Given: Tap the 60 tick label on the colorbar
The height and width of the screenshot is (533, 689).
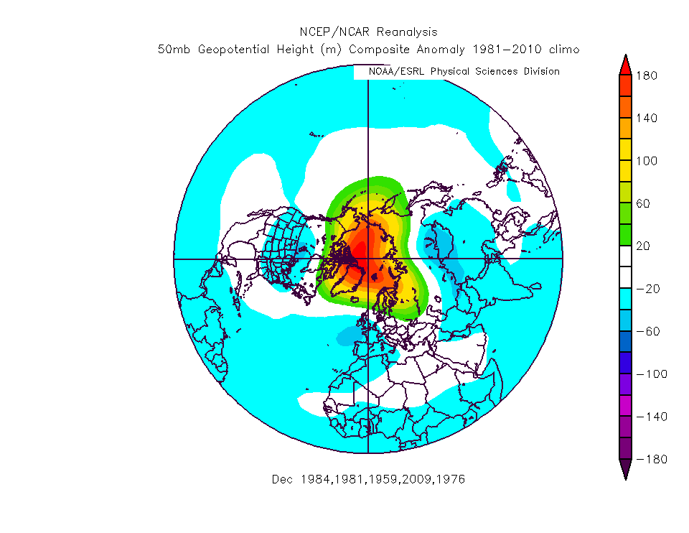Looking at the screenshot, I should pos(644,203).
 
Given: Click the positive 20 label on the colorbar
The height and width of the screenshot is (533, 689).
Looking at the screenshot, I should pos(644,246).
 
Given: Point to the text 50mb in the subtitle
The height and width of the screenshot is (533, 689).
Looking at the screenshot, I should pos(172,50).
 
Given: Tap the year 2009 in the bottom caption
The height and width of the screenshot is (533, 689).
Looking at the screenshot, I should pos(418,479).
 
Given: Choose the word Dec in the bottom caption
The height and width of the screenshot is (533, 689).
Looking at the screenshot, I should pos(282,479).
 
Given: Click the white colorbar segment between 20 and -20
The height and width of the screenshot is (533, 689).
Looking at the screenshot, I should pos(625,267).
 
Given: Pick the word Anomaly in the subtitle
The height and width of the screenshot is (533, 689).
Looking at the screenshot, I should pos(442,50).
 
